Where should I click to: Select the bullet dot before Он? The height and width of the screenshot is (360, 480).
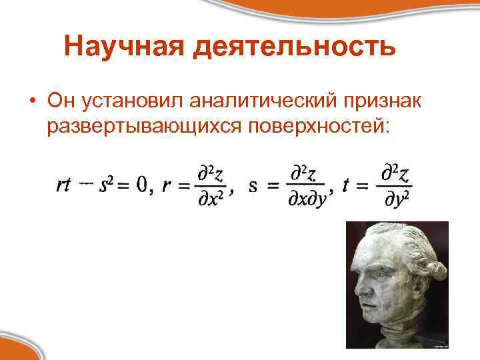(31, 101)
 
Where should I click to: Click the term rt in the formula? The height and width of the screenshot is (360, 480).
(64, 187)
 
